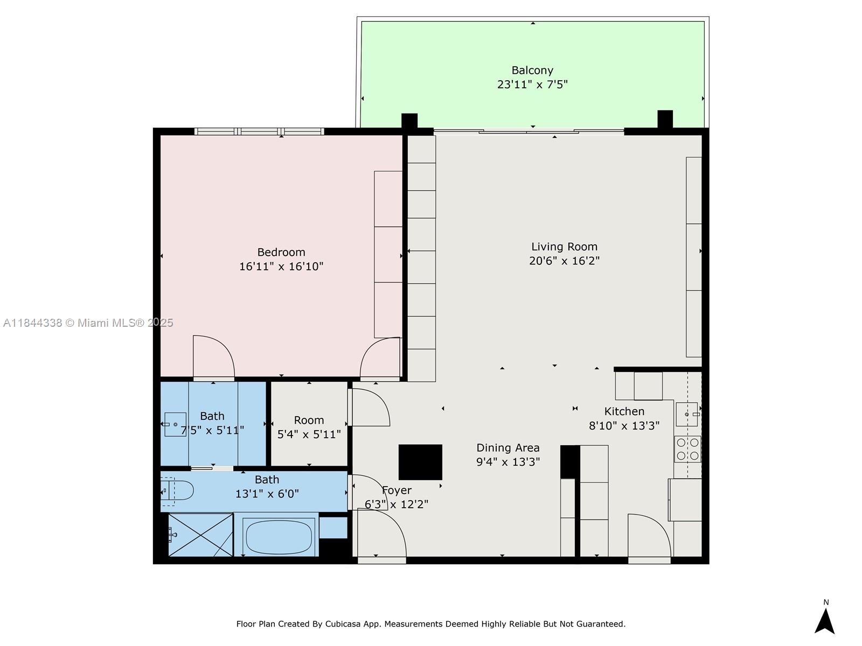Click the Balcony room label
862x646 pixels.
click(x=532, y=71)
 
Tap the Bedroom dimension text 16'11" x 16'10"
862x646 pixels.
click(x=281, y=266)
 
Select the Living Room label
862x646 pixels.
click(x=564, y=247)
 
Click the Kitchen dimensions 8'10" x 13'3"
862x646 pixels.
click(x=624, y=426)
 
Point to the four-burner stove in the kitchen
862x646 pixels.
click(x=687, y=449)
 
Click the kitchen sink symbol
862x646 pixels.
click(x=687, y=415)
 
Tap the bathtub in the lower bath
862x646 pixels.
click(x=278, y=536)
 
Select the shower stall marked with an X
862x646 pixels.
click(x=200, y=535)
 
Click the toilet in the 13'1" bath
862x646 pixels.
click(x=178, y=490)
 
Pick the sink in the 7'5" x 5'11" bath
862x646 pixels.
click(x=175, y=424)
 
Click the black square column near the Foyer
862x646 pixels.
click(x=420, y=462)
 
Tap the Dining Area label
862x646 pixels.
click(x=508, y=448)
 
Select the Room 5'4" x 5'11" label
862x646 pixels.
click(x=309, y=420)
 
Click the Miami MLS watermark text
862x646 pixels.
click(x=88, y=323)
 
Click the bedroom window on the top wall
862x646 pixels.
click(x=259, y=131)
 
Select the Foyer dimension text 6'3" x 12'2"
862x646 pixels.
click(x=397, y=504)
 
